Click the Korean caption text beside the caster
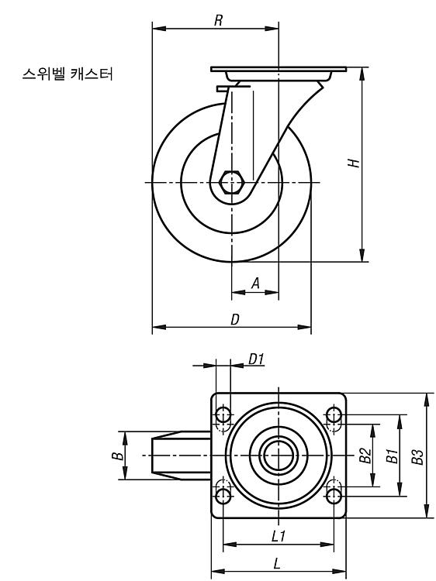[67, 74]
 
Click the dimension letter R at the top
[219, 20]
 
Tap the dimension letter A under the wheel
[255, 283]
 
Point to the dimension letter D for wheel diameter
[235, 319]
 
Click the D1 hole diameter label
[256, 359]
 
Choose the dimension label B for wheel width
[118, 455]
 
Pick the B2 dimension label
[365, 456]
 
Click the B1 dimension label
[393, 456]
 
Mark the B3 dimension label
[417, 456]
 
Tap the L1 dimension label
[278, 536]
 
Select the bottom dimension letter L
[277, 564]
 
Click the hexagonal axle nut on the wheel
[231, 182]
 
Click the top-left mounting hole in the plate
[223, 414]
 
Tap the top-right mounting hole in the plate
[334, 414]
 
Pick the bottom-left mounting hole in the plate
[223, 496]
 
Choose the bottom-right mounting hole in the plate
[334, 496]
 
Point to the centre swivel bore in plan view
[279, 456]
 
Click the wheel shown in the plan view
[181, 456]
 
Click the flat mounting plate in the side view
[279, 69]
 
